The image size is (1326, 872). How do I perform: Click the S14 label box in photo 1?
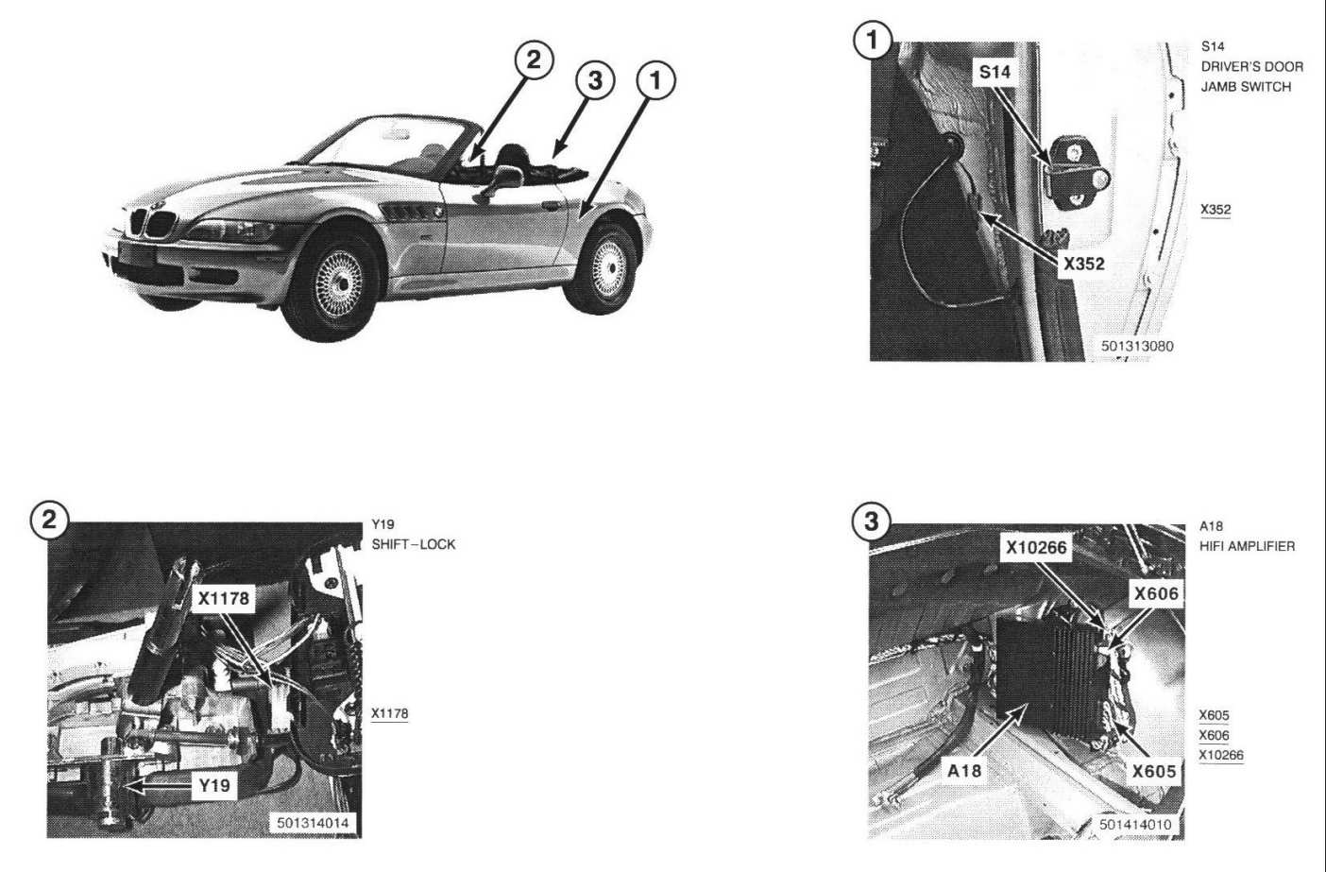coord(994,72)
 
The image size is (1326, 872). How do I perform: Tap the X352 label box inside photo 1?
coord(1083,264)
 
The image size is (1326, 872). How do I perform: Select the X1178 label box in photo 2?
coord(223,597)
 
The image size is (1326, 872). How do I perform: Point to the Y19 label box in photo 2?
coord(213,785)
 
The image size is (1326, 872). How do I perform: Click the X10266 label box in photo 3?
coord(1036,548)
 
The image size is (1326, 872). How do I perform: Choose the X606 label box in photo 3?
coord(1156,593)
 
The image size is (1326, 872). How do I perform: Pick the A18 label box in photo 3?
coord(964,771)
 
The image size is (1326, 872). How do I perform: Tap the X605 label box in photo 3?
coord(1154,771)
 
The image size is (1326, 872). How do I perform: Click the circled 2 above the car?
coord(534,60)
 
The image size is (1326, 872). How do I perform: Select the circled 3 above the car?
coord(594,80)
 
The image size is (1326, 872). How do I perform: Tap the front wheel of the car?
coord(336,282)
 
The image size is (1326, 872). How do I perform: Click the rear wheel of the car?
coord(605,267)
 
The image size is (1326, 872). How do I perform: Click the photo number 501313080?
coord(1137,346)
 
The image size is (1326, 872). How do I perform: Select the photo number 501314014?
coord(313,823)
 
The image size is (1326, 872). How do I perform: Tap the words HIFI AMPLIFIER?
coord(1247,546)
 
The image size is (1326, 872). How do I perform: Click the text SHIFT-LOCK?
coord(414,544)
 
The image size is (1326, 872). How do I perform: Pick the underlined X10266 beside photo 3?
coord(1221,755)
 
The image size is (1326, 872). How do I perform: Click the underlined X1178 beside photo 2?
coord(389,713)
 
